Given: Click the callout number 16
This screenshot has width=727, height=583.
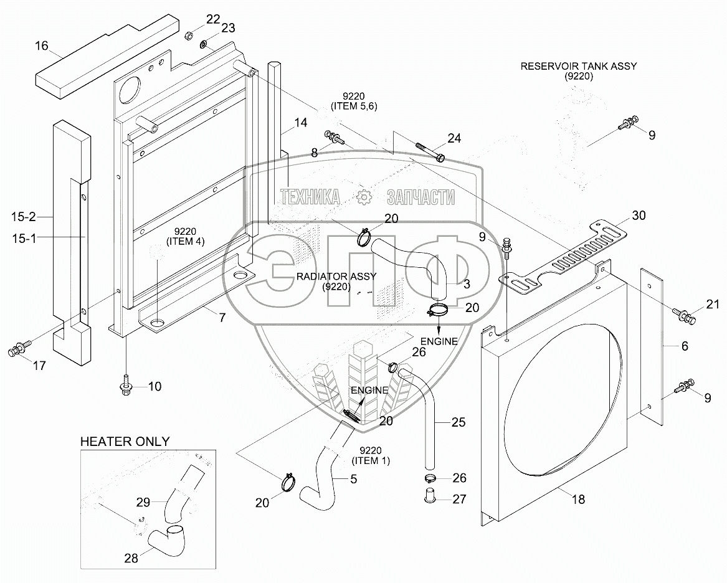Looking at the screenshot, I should tap(41, 45).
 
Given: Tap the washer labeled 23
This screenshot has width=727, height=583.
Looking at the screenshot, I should tap(204, 44).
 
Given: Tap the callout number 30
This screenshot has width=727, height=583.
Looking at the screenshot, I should tap(639, 216).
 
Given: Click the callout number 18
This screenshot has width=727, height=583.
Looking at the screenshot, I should tap(578, 500).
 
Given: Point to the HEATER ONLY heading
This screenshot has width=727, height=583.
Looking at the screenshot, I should tap(125, 442).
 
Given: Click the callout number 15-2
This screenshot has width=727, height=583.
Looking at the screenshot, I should tap(24, 217).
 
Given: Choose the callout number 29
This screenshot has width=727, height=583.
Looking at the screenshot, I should tap(144, 500).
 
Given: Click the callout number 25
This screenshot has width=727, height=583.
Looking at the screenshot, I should tap(459, 423).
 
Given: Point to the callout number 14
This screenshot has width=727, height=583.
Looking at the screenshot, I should tap(300, 123).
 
